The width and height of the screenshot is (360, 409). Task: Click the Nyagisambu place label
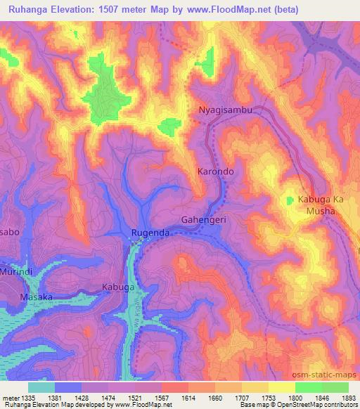coord(225,111)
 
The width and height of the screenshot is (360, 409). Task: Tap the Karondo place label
coord(215,171)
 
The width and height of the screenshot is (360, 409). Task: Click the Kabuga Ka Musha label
coord(323,206)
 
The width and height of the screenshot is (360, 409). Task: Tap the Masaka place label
coord(37,297)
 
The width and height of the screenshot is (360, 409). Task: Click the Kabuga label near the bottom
coord(117,287)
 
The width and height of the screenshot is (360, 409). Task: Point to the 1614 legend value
coord(188,397)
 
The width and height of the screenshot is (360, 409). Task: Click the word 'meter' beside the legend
coord(10,397)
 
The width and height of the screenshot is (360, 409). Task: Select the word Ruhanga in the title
coord(30,9)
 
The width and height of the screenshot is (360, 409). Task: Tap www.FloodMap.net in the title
coord(227,9)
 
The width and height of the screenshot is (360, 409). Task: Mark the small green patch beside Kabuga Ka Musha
coord(290,201)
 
